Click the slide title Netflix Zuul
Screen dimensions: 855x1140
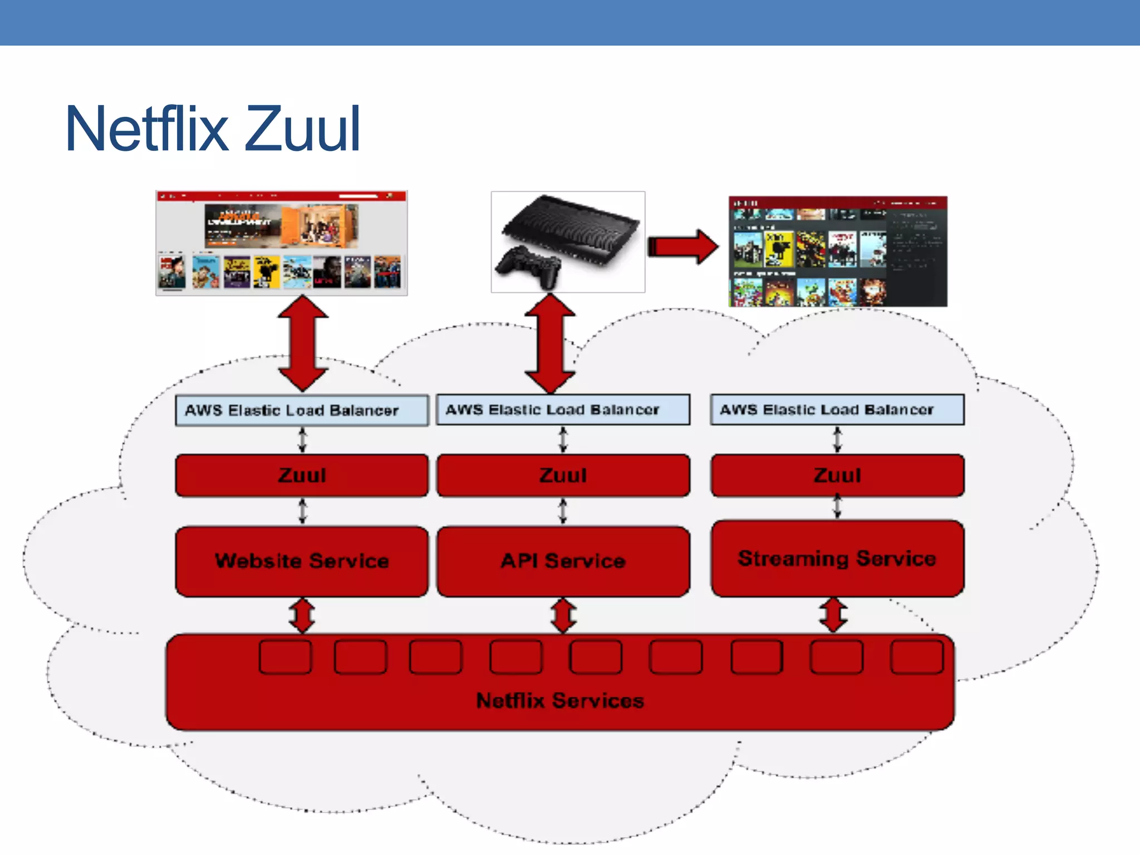pyautogui.click(x=213, y=129)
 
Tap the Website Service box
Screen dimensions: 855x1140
pyautogui.click(x=302, y=561)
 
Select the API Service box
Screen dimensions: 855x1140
pyautogui.click(x=563, y=561)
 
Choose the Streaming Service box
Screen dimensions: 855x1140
pyautogui.click(x=837, y=558)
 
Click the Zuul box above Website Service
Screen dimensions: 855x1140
pyautogui.click(x=302, y=475)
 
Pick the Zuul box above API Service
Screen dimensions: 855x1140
pyautogui.click(x=563, y=475)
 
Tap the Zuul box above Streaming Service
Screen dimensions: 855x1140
pyautogui.click(x=837, y=475)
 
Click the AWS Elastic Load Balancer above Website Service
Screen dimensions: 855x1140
pyautogui.click(x=302, y=410)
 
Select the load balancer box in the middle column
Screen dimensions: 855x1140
pyautogui.click(x=563, y=410)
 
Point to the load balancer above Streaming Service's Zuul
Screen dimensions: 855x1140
pyautogui.click(x=837, y=410)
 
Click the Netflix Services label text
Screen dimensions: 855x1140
pyautogui.click(x=560, y=700)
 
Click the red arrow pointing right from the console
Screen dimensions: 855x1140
pyautogui.click(x=684, y=247)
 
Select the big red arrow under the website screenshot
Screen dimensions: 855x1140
pyautogui.click(x=303, y=343)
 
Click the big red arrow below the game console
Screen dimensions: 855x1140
pyautogui.click(x=550, y=343)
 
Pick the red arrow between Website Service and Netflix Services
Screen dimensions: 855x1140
pyautogui.click(x=302, y=616)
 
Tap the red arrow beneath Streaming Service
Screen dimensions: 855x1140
pyautogui.click(x=833, y=615)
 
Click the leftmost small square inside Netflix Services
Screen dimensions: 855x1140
pyautogui.click(x=285, y=657)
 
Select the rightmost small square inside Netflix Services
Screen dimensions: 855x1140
pyautogui.click(x=917, y=657)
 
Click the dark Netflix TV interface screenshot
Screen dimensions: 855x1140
pyautogui.click(x=838, y=251)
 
